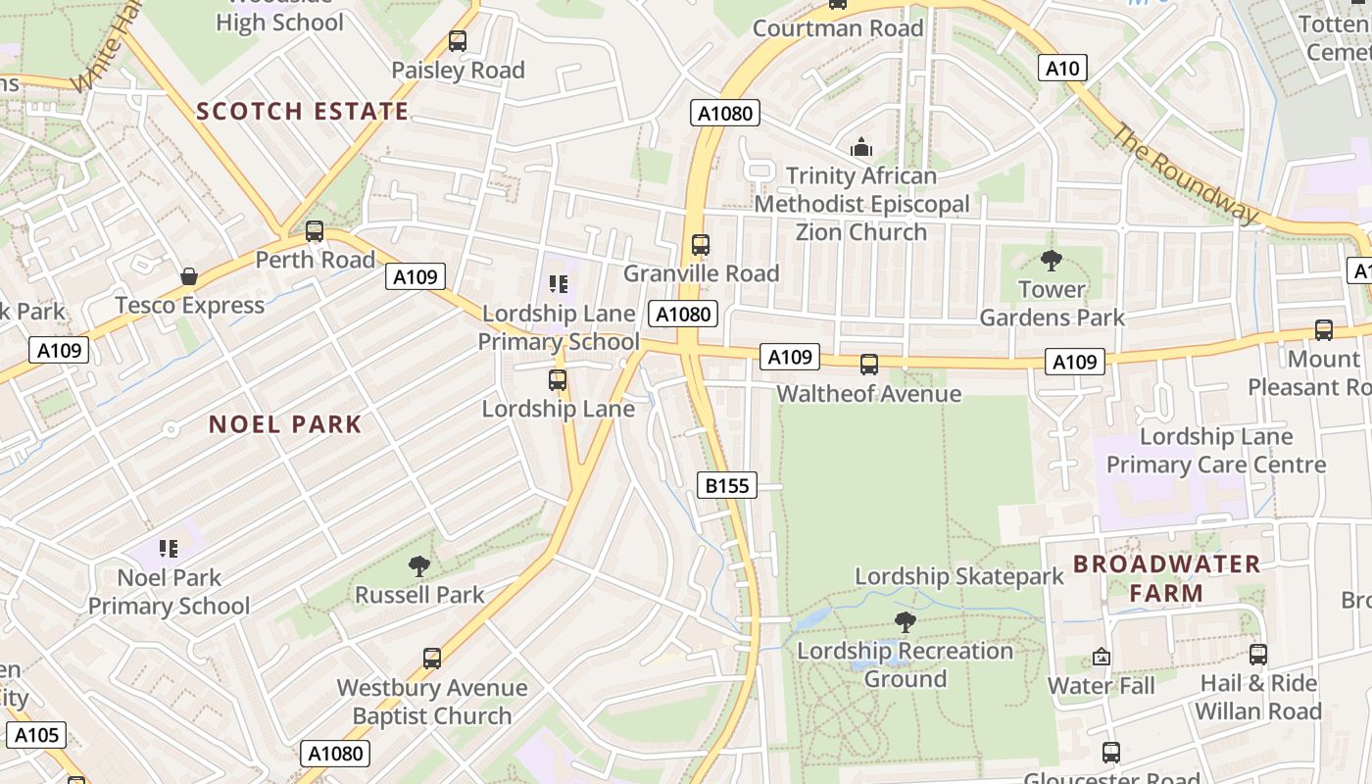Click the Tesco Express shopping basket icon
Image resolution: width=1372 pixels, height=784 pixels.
[189, 277]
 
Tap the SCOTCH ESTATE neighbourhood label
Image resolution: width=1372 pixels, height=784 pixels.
[302, 111]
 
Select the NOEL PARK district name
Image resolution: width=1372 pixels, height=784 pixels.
[285, 424]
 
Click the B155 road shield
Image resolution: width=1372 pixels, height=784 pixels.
[727, 485]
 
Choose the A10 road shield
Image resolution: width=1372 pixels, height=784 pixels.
[1062, 68]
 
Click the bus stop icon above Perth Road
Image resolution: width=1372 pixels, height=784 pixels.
[315, 231]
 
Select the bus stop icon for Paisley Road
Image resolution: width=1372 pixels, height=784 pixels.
[458, 41]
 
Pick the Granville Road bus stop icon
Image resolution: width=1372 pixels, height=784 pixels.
[701, 245]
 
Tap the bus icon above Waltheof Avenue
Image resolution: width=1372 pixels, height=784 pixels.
[869, 365]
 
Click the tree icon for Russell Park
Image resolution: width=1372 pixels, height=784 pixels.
[419, 565]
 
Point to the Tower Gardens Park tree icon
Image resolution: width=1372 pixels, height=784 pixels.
[1052, 261]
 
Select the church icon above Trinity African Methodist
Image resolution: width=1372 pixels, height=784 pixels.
[861, 147]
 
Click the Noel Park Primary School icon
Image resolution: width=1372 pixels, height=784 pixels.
[169, 548]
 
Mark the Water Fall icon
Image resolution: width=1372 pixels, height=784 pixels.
[1102, 657]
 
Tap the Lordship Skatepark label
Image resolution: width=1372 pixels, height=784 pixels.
[958, 576]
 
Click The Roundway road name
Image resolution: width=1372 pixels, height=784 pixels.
[1184, 173]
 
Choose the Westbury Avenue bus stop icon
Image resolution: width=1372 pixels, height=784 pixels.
[432, 659]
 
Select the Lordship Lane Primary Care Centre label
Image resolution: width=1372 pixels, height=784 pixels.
[1216, 450]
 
